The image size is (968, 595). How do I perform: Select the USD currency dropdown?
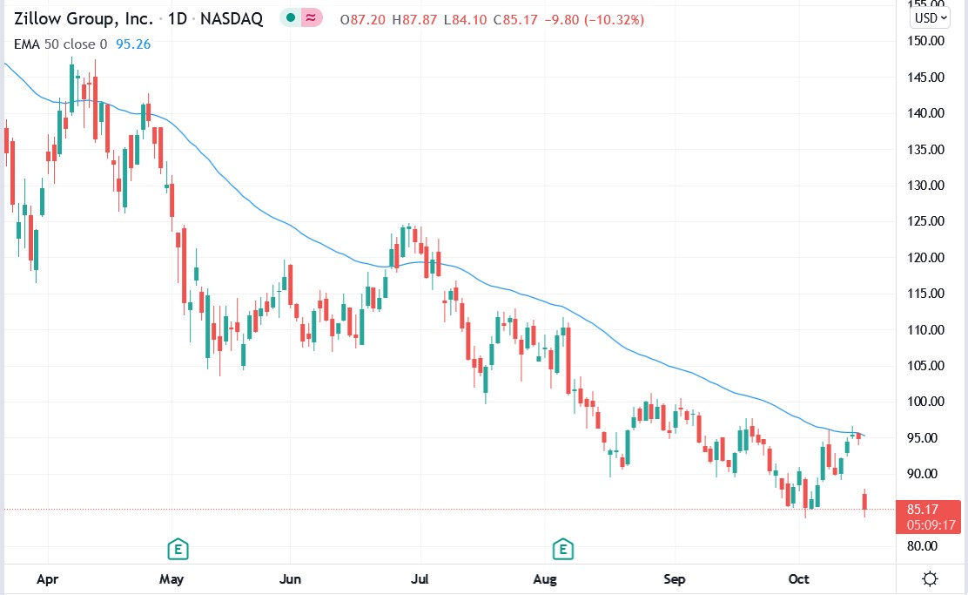tap(930, 17)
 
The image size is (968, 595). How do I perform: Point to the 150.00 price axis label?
tap(924, 41)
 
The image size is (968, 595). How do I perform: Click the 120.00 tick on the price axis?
tap(924, 258)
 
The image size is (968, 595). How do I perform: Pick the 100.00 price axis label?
tap(924, 402)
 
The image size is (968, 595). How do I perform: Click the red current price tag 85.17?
tap(928, 510)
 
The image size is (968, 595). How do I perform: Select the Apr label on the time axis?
tap(47, 578)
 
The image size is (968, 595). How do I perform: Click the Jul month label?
tap(420, 578)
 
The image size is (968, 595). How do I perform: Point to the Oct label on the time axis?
tap(798, 578)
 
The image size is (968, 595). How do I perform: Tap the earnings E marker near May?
tap(178, 549)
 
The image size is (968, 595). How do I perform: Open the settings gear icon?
tap(930, 578)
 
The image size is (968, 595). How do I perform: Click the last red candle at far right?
tap(864, 502)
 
